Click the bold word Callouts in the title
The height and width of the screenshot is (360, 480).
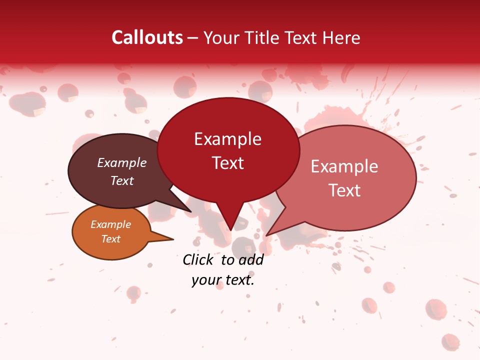pyautogui.click(x=147, y=37)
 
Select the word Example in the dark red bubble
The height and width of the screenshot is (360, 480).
pyautogui.click(x=227, y=139)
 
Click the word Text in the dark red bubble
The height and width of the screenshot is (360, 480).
pyautogui.click(x=227, y=163)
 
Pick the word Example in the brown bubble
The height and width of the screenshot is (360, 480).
pyautogui.click(x=121, y=162)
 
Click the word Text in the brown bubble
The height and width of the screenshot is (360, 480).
pyautogui.click(x=121, y=180)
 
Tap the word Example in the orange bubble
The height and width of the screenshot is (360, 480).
pyautogui.click(x=110, y=224)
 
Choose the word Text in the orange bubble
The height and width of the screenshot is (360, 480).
pyautogui.click(x=110, y=239)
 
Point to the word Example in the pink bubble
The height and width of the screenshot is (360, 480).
pyautogui.click(x=344, y=166)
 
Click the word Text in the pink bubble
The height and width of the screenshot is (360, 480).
pyautogui.click(x=344, y=190)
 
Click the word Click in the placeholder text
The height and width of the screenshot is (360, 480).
pyautogui.click(x=198, y=259)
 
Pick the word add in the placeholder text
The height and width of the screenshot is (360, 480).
pyautogui.click(x=251, y=259)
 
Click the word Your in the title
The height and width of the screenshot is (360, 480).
pyautogui.click(x=221, y=37)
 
